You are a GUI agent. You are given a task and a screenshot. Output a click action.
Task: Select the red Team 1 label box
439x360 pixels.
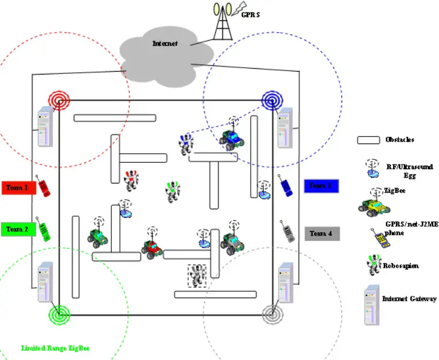tap(19, 187)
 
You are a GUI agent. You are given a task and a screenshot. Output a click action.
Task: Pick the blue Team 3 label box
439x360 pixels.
tap(321, 186)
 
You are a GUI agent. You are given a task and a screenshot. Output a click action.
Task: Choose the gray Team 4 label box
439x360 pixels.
tap(321, 233)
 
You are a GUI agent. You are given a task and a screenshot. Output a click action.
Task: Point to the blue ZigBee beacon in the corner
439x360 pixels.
tap(271, 100)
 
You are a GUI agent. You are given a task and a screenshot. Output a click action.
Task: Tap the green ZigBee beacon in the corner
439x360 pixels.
tap(59, 314)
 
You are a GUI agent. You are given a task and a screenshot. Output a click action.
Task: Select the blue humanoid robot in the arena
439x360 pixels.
tap(185, 143)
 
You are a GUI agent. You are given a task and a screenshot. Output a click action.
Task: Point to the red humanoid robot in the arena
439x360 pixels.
tap(131, 180)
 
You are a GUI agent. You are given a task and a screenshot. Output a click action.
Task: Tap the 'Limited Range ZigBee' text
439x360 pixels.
tap(55, 348)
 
